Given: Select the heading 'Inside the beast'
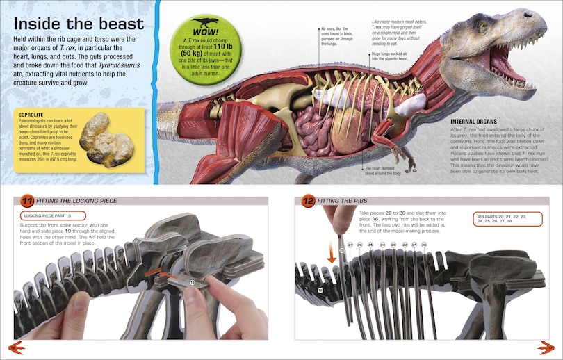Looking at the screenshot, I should [x=79, y=25].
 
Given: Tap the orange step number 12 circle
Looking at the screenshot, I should [x=308, y=202].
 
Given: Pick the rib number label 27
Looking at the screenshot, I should [x=351, y=245].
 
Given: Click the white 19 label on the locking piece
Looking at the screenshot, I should [x=192, y=283].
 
